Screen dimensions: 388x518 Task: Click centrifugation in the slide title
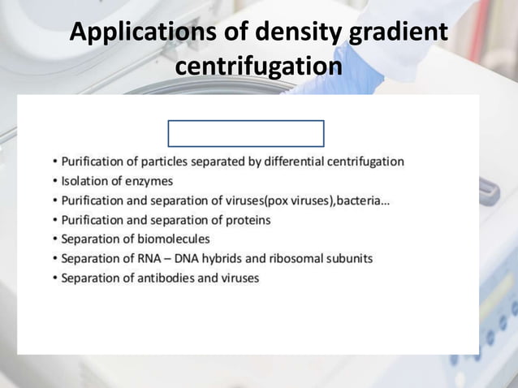point(258,65)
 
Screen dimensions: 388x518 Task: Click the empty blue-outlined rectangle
point(245,133)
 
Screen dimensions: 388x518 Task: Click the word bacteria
point(358,200)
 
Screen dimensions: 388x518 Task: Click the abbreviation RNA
point(144,258)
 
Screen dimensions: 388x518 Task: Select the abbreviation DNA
point(183,258)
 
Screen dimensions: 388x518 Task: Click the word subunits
point(349,258)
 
